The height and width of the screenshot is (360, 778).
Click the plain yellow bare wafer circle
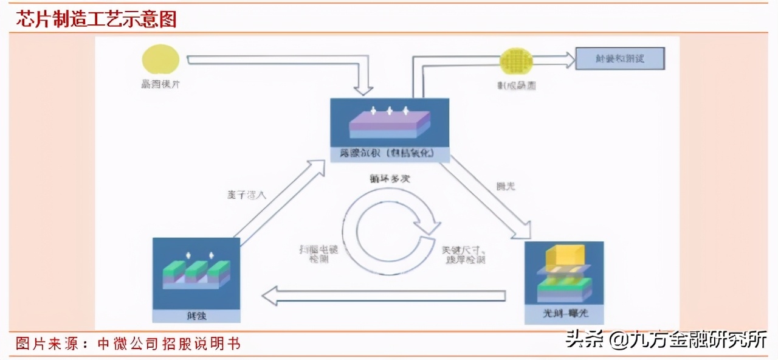[x=160, y=60]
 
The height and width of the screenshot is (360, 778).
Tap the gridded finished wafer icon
[x=516, y=61]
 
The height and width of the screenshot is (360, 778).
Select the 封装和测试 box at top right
[x=620, y=58]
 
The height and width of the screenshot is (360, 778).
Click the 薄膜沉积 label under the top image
[x=389, y=154]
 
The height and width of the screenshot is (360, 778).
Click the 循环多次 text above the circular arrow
[x=389, y=179]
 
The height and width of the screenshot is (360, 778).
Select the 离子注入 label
[x=243, y=196]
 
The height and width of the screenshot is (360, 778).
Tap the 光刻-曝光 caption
[x=564, y=314]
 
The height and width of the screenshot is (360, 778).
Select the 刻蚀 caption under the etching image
[x=196, y=315]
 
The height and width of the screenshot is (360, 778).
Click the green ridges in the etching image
[x=196, y=269]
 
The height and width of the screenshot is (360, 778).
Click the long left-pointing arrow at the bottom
[x=384, y=296]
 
